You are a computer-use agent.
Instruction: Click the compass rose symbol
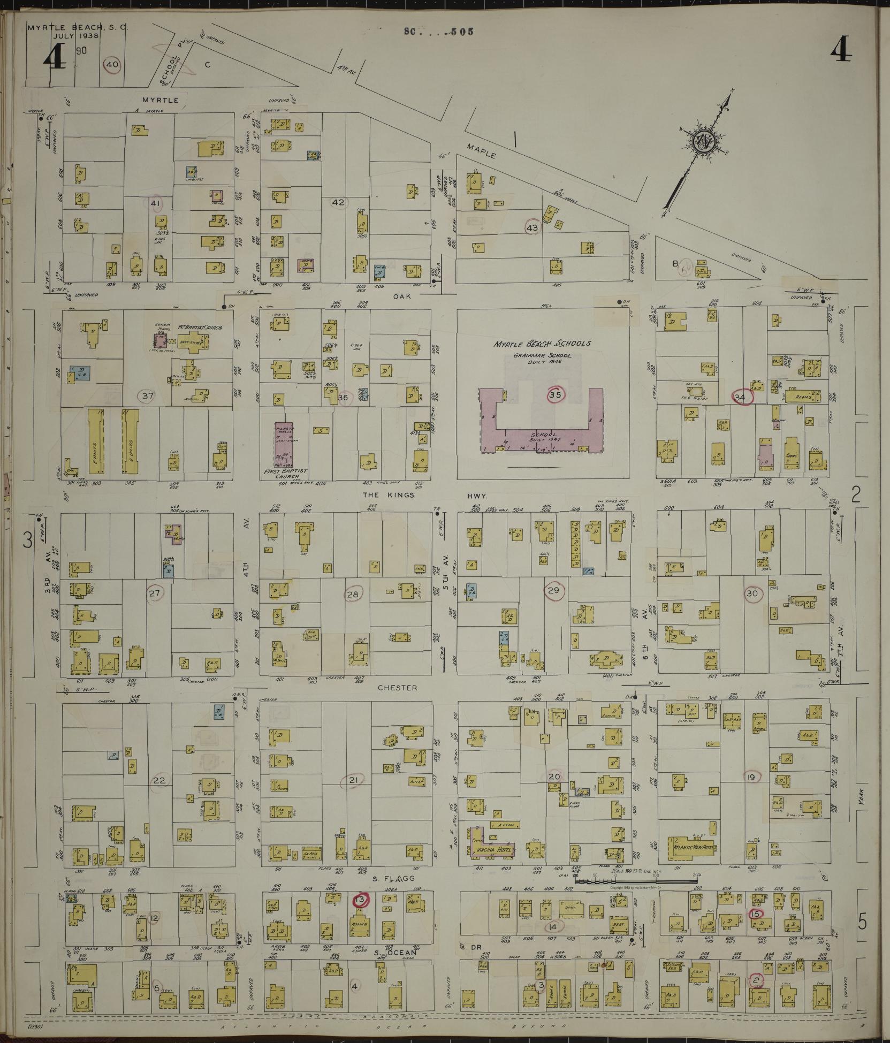coord(702,141)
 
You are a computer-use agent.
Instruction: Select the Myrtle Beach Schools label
coord(543,344)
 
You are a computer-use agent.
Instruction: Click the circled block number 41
coord(155,203)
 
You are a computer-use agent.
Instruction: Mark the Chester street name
coord(397,688)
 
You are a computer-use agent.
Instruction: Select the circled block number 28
coord(353,594)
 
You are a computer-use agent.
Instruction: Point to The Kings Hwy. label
coord(423,495)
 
